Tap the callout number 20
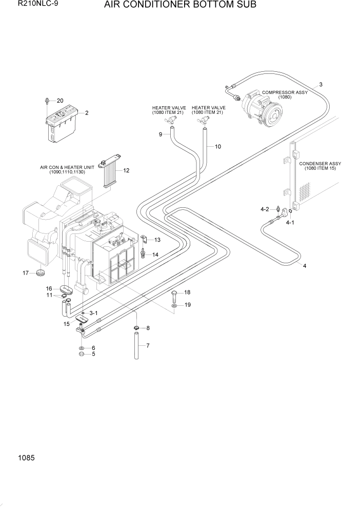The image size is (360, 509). click(59, 101)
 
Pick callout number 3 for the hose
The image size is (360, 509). click(321, 84)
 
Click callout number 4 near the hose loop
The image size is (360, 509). click(305, 266)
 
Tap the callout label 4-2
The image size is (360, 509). click(265, 209)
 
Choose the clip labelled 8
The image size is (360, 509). click(136, 328)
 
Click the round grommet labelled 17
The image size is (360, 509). click(41, 272)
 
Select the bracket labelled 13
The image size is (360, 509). click(145, 240)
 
